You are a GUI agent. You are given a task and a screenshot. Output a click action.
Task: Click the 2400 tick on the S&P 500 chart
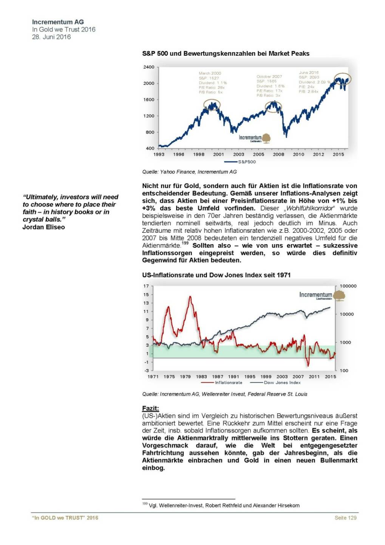click(149, 67)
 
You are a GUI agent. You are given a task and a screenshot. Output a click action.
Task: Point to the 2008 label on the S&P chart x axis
click(278, 154)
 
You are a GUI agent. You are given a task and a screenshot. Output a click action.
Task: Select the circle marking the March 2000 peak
click(212, 105)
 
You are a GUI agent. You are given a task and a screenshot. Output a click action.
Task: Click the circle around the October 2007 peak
click(273, 107)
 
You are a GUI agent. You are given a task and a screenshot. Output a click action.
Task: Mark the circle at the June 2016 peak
click(343, 79)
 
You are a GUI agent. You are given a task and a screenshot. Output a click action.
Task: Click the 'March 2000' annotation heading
click(210, 73)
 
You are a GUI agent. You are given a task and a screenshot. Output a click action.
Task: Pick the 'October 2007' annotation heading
click(269, 76)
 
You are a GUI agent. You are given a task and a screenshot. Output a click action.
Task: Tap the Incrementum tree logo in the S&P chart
click(266, 138)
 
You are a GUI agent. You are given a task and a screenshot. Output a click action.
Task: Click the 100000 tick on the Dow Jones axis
click(348, 286)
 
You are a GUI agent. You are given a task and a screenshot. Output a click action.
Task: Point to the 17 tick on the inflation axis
click(146, 286)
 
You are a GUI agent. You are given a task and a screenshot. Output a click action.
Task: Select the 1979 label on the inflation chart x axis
click(185, 377)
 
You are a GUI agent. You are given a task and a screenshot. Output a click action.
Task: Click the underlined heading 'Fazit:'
click(150, 408)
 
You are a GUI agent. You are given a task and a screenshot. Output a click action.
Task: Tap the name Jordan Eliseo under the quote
click(43, 227)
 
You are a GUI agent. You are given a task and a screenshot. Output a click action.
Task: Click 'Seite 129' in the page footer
click(345, 518)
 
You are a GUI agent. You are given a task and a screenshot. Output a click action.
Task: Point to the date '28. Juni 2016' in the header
click(51, 37)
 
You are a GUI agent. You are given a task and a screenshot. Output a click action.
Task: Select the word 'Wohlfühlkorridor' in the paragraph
click(310, 208)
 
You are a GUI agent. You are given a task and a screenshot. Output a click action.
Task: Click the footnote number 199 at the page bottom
click(145, 504)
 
